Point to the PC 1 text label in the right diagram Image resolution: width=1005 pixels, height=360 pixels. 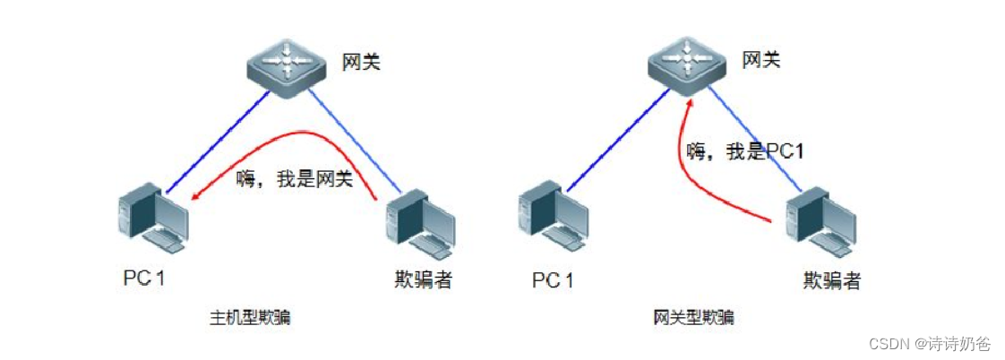pyautogui.click(x=553, y=280)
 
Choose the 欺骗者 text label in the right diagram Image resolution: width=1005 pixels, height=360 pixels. pyautogui.click(x=832, y=280)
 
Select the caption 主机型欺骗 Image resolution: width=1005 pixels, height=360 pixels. pyautogui.click(x=250, y=317)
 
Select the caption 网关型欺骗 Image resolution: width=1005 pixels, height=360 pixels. pyautogui.click(x=694, y=317)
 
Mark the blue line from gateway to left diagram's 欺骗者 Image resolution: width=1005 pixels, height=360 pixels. pyautogui.click(x=358, y=143)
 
